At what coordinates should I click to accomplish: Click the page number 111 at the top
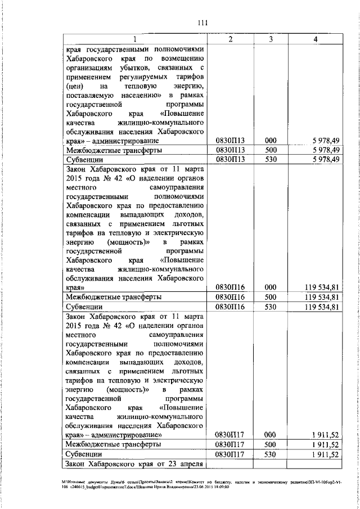tap(203, 22)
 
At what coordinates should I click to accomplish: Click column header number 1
tap(135, 39)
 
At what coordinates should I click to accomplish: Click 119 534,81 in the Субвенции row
tap(320, 307)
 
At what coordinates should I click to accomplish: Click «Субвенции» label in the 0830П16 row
tap(84, 307)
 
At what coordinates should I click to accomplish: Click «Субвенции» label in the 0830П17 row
tap(84, 454)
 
